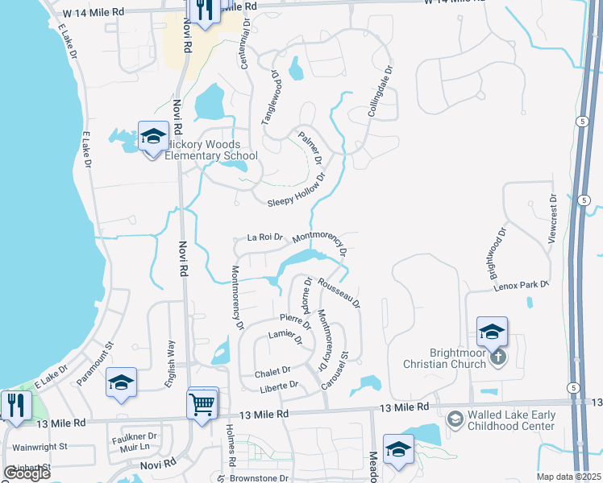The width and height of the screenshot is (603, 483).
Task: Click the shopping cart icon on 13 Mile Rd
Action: (202, 403)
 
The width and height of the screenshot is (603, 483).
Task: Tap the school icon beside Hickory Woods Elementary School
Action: (152, 137)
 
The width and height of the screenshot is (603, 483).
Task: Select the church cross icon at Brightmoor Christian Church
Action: (499, 357)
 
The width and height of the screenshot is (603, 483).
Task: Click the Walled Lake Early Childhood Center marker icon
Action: (455, 419)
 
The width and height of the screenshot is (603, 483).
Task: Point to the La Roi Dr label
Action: (265, 237)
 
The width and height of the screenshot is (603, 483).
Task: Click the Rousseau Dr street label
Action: (339, 293)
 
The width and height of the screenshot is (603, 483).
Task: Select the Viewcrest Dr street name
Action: (554, 219)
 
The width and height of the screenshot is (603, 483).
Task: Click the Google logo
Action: (27, 473)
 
